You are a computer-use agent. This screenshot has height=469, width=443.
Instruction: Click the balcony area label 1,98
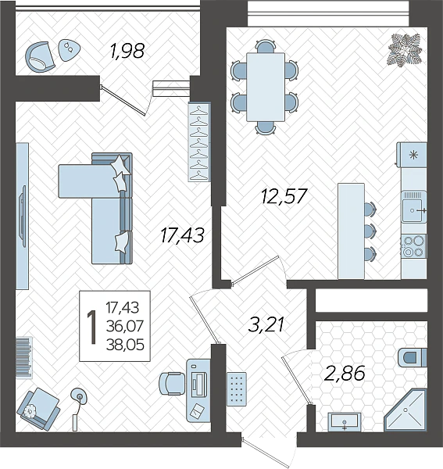pos(127,51)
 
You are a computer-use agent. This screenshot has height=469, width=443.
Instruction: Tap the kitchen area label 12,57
pos(284,196)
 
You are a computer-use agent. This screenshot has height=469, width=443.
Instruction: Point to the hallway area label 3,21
pos(266,325)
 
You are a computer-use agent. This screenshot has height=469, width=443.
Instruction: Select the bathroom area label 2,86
pos(345,374)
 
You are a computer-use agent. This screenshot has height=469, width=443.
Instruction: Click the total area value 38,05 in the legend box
pos(125,345)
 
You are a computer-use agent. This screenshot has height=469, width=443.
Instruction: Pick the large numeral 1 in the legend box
pos(91,328)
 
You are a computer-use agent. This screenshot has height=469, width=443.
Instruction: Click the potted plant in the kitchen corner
pos(405,49)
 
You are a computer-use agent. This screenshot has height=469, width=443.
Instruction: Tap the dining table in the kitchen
pos(266,87)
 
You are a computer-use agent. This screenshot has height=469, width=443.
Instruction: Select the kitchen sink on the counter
pos(413,206)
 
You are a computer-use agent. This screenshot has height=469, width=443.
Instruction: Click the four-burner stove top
pos(414,246)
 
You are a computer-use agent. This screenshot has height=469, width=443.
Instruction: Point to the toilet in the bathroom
pos(413,357)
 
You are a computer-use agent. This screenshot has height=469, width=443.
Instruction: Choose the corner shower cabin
pos(405,410)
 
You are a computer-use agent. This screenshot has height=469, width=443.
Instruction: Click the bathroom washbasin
pos(345,422)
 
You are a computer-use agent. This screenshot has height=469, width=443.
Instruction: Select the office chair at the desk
pos(171,384)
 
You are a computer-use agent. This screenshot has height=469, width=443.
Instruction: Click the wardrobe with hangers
pos(199,142)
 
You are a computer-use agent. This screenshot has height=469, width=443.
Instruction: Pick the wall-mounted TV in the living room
pos(23,216)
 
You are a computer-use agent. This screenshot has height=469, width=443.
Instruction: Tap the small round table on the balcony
pos(69,50)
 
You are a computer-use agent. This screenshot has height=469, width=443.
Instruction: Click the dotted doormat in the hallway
pos(237,388)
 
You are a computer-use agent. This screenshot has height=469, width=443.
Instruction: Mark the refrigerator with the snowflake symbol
pos(412,155)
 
